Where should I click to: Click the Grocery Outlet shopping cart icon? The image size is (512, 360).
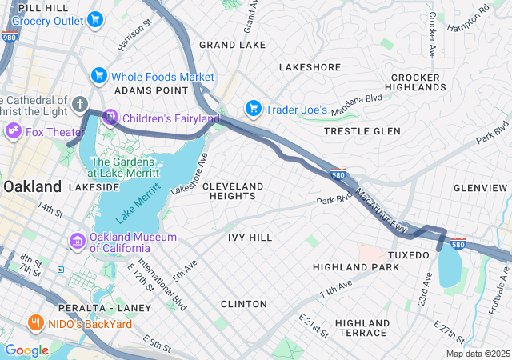pos(95,20)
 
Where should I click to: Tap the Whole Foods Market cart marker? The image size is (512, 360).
pos(100,76)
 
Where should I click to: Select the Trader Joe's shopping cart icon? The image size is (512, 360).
pos(254,108)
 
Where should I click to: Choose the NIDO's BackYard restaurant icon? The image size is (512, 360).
pos(35,322)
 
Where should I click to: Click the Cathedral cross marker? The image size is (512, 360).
pos(79,103)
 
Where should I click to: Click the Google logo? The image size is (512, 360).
pos(26,350)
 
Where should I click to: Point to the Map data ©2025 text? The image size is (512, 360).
pos(477,354)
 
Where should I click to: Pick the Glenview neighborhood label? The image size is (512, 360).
pos(480,187)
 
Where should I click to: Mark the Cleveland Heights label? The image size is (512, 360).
pos(233,190)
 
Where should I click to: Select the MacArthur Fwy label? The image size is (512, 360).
pos(382,210)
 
